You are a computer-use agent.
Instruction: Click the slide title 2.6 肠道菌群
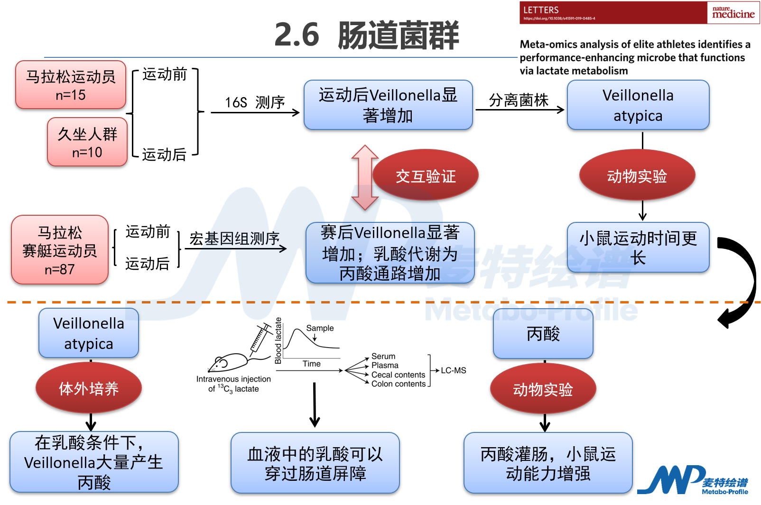[367, 35]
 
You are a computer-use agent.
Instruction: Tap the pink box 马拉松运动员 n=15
[71, 85]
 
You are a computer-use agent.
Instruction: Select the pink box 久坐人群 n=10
[87, 142]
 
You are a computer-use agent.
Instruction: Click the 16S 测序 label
[255, 102]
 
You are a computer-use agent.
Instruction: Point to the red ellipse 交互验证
[426, 176]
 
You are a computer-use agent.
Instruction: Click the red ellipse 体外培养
[89, 388]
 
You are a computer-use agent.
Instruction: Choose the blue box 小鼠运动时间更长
[638, 248]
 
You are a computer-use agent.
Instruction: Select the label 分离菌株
[519, 100]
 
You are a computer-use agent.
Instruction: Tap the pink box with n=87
[60, 250]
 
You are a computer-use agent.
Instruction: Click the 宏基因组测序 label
[234, 239]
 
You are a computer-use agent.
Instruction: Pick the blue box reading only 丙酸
[543, 334]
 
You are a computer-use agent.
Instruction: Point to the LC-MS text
[454, 370]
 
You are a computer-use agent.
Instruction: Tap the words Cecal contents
[398, 375]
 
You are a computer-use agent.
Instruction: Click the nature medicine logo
[733, 13]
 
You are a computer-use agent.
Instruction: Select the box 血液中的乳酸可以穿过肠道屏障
[315, 463]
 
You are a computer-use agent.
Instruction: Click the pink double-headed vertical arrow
[365, 177]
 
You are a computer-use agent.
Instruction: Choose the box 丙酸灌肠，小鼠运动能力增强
[548, 463]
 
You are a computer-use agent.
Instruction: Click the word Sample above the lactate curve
[320, 328]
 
